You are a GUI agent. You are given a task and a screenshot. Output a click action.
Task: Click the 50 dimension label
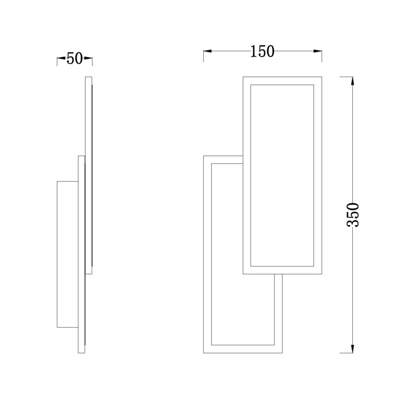click(x=74, y=59)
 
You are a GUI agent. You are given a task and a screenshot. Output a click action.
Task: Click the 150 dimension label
click(x=262, y=51)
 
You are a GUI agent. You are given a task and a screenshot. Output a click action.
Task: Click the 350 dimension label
click(x=353, y=215)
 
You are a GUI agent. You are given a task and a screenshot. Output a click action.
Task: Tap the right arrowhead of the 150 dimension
click(x=317, y=51)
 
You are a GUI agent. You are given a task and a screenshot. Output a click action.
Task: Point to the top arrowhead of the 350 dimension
click(x=352, y=81)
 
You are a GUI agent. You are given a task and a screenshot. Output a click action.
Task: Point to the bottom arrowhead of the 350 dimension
click(x=352, y=349)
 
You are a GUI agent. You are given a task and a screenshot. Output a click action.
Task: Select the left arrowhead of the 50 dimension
click(x=61, y=58)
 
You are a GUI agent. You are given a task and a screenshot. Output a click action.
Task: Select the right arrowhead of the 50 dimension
click(x=88, y=58)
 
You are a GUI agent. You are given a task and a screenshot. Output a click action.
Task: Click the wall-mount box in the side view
click(x=68, y=254)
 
